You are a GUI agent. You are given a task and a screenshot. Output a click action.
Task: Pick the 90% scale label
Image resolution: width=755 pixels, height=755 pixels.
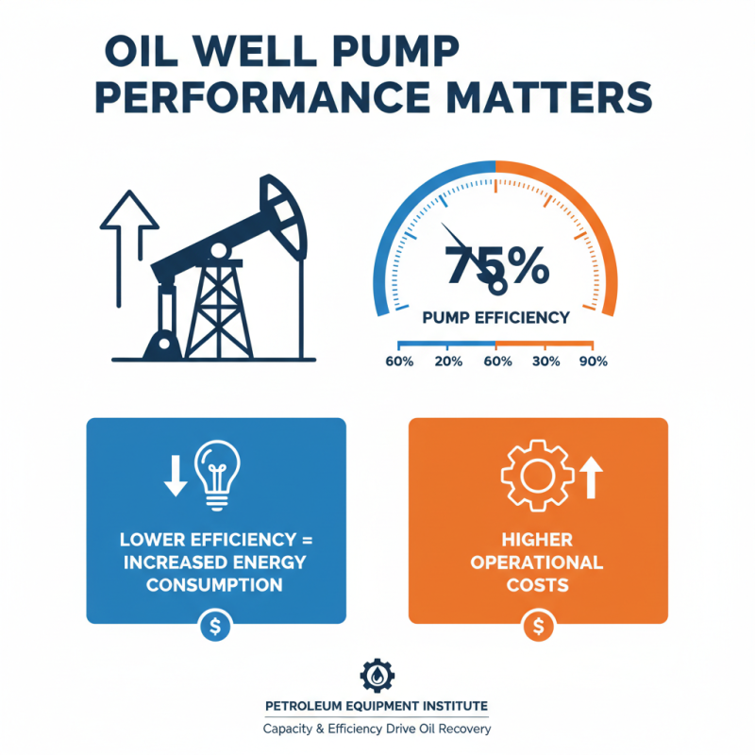(593, 361)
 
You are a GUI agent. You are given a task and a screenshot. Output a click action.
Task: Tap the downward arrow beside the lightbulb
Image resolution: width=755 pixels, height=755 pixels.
(176, 476)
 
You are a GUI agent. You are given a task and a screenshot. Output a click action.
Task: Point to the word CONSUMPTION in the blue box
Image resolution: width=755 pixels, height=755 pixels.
(216, 585)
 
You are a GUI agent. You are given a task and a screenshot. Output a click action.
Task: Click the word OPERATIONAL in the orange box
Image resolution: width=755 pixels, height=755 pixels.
(538, 562)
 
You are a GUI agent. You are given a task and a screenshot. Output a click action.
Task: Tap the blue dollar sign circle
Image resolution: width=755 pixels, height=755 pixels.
(216, 627)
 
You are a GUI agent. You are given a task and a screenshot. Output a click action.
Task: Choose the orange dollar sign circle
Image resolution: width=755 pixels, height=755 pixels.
(538, 626)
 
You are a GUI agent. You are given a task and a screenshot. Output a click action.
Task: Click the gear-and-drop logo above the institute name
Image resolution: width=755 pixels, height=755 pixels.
(377, 677)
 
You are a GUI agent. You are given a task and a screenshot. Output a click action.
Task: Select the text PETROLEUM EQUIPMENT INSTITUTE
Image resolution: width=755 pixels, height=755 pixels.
(377, 707)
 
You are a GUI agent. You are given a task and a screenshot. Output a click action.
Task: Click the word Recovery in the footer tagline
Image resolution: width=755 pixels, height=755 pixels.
(461, 730)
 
